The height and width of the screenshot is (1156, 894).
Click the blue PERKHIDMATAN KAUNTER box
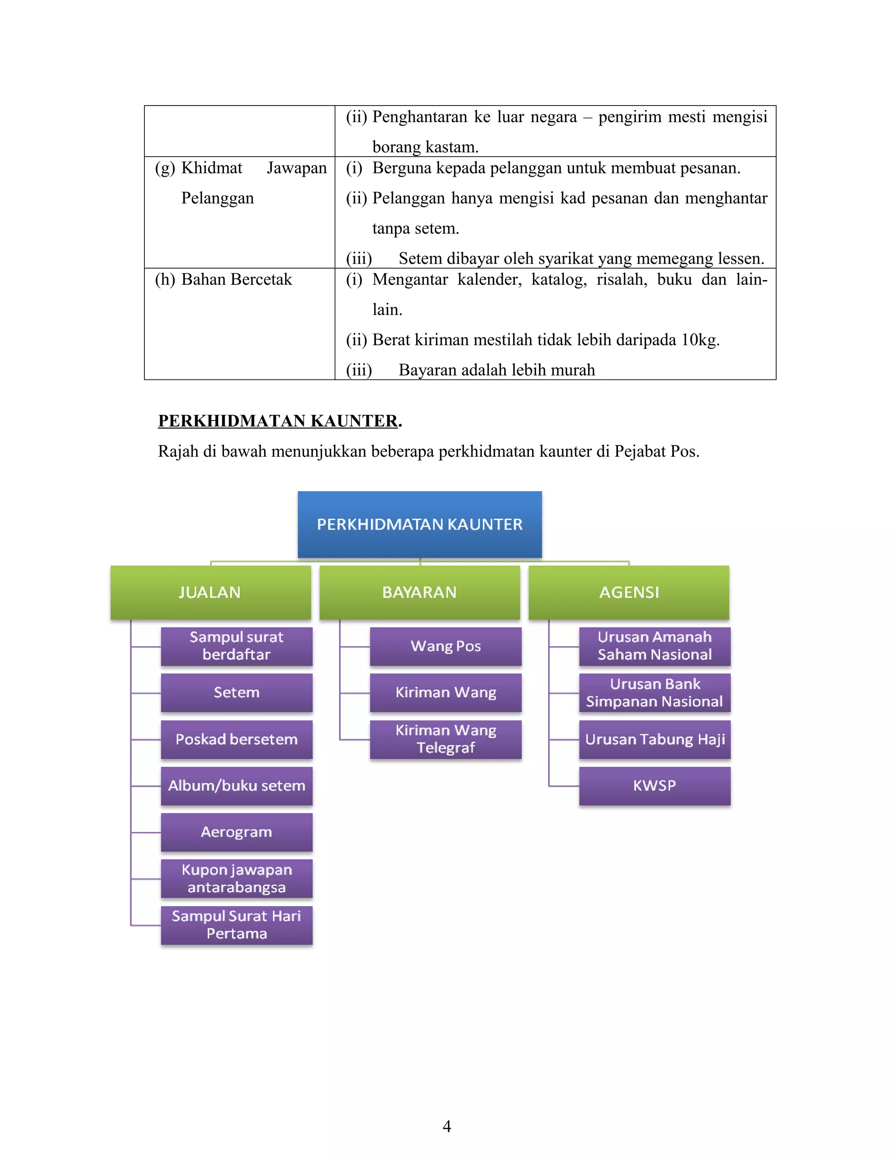click(419, 524)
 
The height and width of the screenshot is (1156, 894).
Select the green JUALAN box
click(210, 592)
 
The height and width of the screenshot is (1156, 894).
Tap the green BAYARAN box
click(419, 592)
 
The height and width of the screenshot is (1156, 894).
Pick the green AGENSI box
click(629, 592)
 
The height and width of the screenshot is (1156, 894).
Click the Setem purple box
click(236, 692)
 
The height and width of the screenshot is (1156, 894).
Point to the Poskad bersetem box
click(236, 739)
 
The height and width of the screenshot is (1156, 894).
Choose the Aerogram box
click(236, 832)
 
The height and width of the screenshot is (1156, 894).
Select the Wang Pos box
click(445, 646)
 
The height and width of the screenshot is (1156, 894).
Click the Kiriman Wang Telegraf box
click(445, 739)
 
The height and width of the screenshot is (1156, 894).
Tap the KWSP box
click(655, 786)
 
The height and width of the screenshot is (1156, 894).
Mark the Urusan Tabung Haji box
click(655, 739)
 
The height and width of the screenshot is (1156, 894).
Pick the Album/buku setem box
click(236, 786)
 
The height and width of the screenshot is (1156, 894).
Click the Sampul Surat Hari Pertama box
click(236, 925)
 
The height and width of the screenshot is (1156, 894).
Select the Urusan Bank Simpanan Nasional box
click(655, 692)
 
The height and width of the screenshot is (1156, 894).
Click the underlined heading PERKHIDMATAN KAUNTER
click(278, 421)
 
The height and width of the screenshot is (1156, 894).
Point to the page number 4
click(447, 1126)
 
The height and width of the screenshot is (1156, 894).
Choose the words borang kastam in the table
click(425, 147)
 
